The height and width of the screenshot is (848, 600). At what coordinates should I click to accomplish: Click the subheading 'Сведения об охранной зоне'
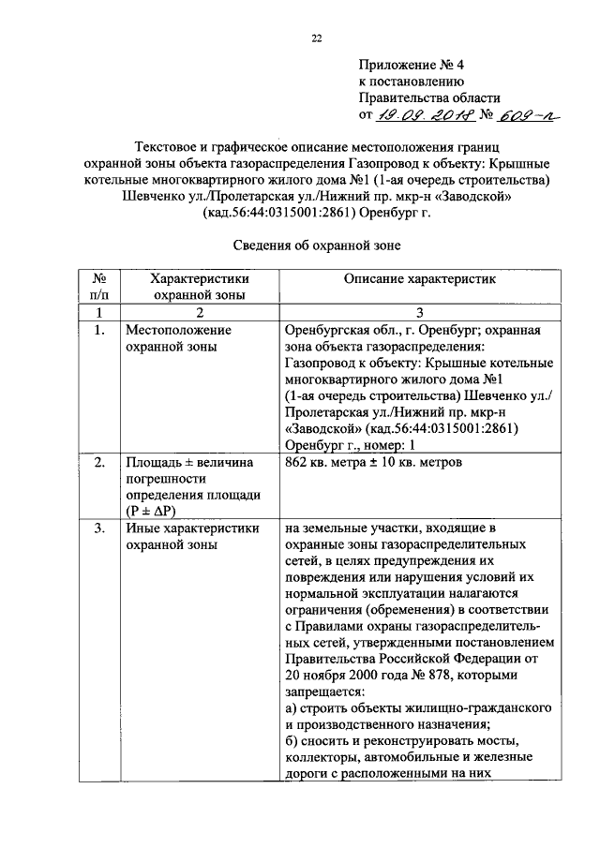click(316, 245)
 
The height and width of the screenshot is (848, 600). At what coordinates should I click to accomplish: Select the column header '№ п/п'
click(97, 287)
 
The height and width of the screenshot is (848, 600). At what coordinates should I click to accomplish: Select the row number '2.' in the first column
click(98, 463)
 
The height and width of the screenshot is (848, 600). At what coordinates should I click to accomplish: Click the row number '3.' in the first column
click(98, 528)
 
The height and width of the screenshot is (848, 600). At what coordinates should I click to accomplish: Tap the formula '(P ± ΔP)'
click(156, 511)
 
